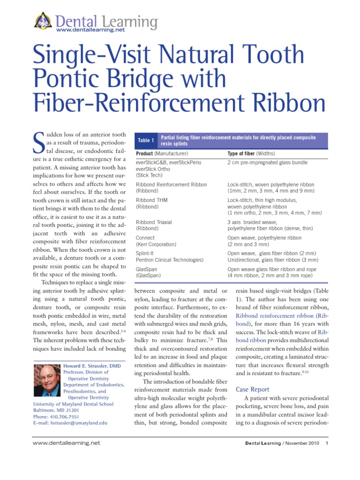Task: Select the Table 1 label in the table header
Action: (x=146, y=140)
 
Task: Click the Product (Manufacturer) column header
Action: (x=162, y=154)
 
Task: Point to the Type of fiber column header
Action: (x=251, y=154)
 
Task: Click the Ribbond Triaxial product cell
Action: (x=154, y=222)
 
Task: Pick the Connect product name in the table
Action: (x=145, y=238)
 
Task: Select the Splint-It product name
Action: (x=146, y=253)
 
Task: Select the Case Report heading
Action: (x=252, y=390)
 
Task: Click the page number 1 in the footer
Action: (x=327, y=443)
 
